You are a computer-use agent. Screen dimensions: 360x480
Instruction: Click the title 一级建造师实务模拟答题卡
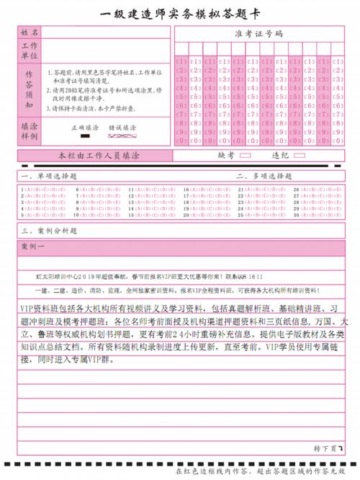coord(179,12)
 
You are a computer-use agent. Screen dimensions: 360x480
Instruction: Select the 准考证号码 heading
coord(258,34)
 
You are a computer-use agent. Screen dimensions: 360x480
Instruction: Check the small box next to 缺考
coord(245,155)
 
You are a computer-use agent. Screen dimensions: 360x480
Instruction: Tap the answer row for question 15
coord(152,215)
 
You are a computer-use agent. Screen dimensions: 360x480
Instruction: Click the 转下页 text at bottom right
coord(325,448)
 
